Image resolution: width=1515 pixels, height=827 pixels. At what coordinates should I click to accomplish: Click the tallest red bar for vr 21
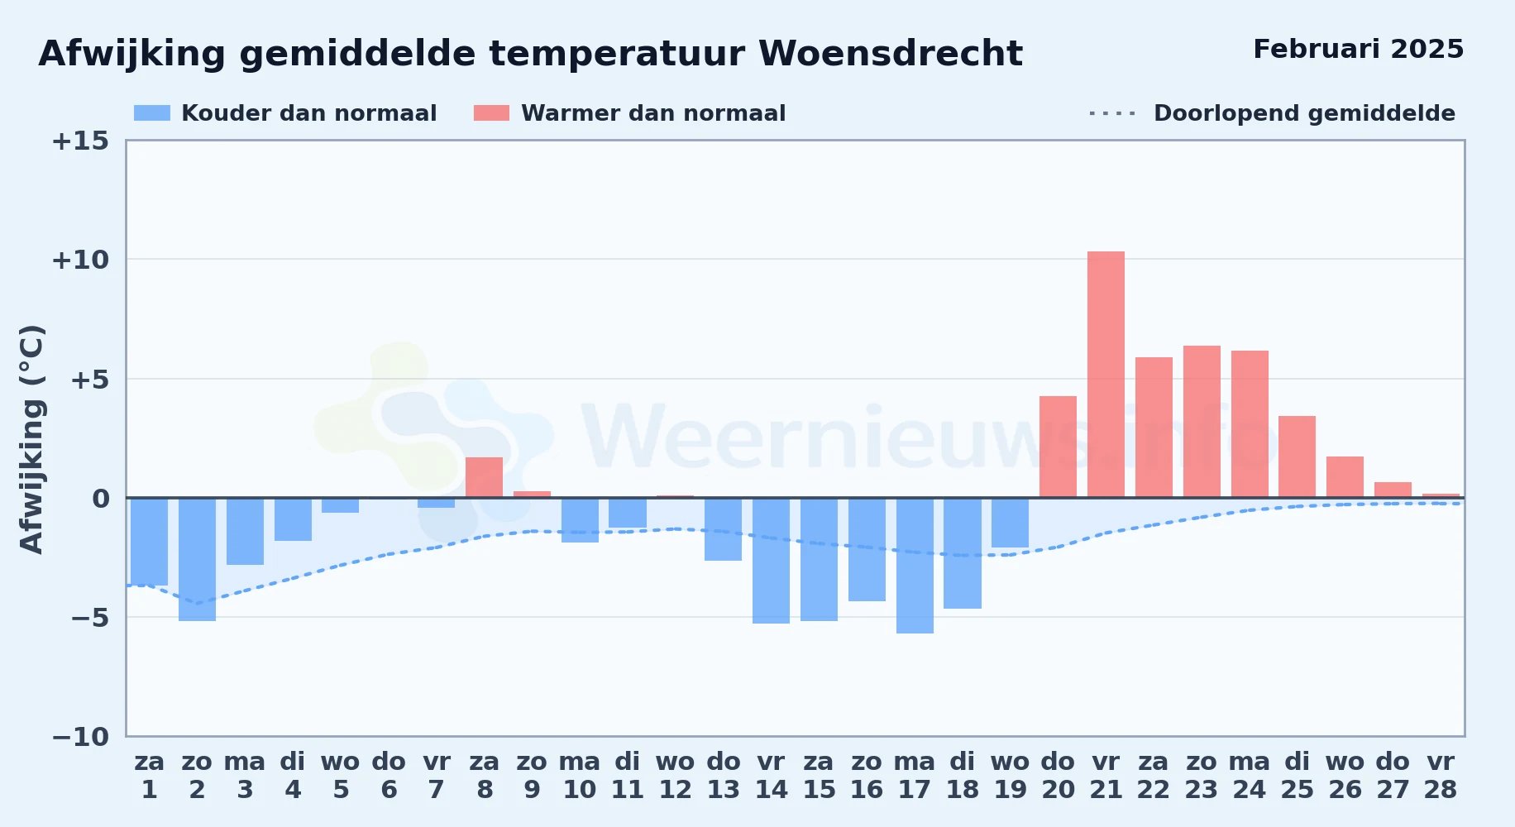coord(1106,375)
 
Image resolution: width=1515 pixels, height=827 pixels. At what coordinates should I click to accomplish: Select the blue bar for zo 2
coord(197,559)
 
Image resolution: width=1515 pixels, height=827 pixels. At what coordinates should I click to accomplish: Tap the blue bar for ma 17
coord(915,566)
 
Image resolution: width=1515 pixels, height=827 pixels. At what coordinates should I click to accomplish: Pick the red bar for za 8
coord(484,477)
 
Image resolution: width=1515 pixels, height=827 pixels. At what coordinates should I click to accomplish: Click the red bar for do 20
coord(1058,447)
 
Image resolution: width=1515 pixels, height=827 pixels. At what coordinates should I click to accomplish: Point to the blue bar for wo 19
coord(1010,523)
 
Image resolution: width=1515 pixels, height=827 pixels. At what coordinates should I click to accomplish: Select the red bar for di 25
coord(1297,457)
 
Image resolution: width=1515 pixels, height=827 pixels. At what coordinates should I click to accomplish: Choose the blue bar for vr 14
coord(771,561)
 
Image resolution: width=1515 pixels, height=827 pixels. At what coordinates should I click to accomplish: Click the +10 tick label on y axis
coord(80,260)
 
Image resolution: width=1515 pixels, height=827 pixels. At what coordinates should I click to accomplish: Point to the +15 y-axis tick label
coord(80,141)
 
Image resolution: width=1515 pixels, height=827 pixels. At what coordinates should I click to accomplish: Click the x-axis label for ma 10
coord(579,776)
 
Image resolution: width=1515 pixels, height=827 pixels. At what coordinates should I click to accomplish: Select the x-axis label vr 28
coord(1440,776)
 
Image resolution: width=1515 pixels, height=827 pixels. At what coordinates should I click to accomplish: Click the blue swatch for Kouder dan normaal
coord(152,113)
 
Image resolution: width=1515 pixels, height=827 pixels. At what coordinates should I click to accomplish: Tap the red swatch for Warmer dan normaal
coord(491,113)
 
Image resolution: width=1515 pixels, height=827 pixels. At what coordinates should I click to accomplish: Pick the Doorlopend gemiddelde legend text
coord(1304,113)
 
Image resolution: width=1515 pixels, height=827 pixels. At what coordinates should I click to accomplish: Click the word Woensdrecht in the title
coord(891,54)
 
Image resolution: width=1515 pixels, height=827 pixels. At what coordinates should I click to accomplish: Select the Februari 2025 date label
coord(1359,49)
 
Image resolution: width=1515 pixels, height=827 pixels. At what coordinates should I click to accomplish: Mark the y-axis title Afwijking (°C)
coord(32,439)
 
